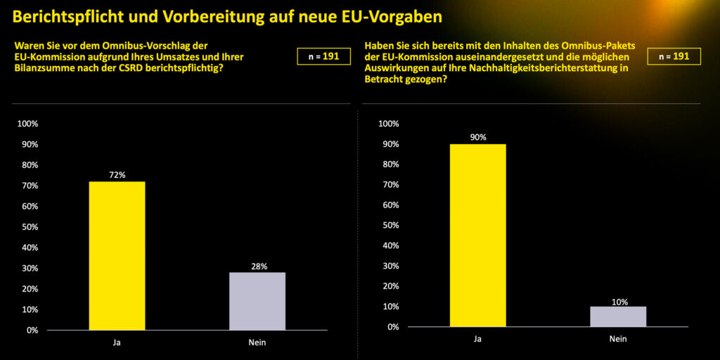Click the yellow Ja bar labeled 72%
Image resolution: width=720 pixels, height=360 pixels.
click(x=117, y=256)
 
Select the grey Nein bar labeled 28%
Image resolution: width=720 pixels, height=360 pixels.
click(x=257, y=301)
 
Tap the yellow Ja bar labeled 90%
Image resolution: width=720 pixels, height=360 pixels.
click(x=477, y=236)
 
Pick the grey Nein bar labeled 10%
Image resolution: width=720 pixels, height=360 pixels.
click(x=618, y=316)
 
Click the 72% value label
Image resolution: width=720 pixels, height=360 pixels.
click(x=117, y=175)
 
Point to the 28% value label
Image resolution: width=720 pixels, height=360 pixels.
click(x=257, y=266)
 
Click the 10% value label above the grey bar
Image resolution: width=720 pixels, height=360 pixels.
click(x=618, y=301)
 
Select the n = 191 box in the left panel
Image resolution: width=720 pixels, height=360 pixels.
click(x=323, y=56)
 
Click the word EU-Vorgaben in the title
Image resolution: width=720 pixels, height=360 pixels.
click(x=403, y=15)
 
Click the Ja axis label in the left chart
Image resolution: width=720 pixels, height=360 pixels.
click(x=117, y=343)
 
